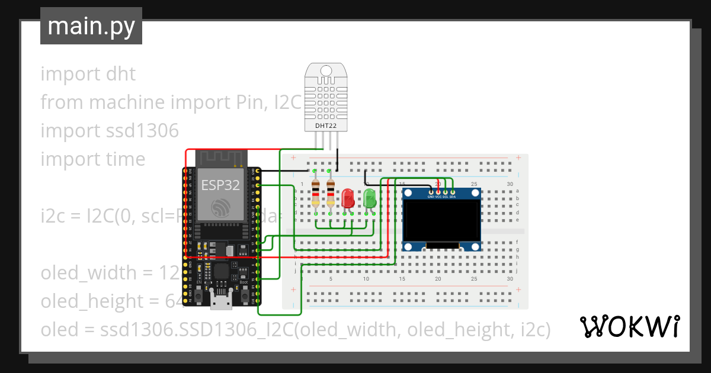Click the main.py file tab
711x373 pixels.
pyautogui.click(x=91, y=26)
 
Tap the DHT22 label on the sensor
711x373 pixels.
pyautogui.click(x=323, y=126)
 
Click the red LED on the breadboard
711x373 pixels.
pyautogui.click(x=348, y=198)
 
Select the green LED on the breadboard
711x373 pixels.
pyautogui.click(x=370, y=198)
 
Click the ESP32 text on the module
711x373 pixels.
pyautogui.click(x=220, y=185)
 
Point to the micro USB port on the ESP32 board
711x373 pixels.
pyautogui.click(x=221, y=302)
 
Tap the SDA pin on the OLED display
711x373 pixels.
pyautogui.click(x=453, y=192)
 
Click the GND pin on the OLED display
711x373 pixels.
pyautogui.click(x=431, y=192)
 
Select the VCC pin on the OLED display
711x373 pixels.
pyautogui.click(x=438, y=192)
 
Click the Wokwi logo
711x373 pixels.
pyautogui.click(x=629, y=326)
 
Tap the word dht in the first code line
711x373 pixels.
pyautogui.click(x=121, y=74)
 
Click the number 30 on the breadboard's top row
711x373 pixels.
pyautogui.click(x=510, y=184)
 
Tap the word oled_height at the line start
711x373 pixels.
pyautogui.click(x=91, y=301)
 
